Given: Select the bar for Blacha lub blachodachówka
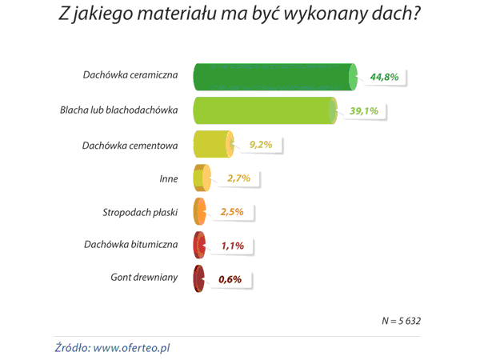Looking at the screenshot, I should (263, 110).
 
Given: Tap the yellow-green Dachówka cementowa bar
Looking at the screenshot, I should (213, 144).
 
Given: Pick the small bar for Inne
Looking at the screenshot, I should (202, 178).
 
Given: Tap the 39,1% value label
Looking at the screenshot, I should (365, 111).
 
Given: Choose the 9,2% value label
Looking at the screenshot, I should (262, 145).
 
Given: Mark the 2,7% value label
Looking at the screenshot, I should (240, 178).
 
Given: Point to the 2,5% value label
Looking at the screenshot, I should (238, 212).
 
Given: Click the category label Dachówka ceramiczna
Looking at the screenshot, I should (129, 76).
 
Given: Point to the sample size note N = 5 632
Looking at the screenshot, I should (401, 320).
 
